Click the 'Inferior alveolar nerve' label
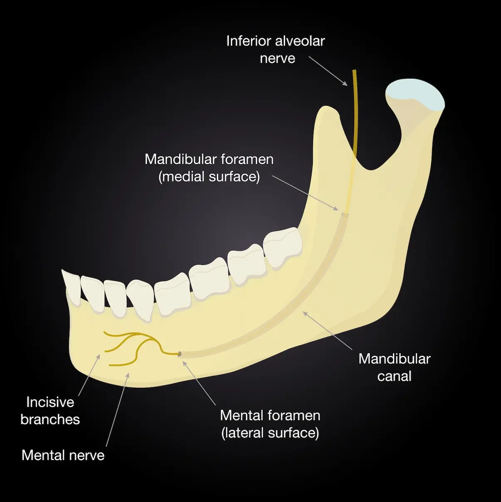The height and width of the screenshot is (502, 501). (275, 49)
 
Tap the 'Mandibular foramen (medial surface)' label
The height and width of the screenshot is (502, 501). (209, 168)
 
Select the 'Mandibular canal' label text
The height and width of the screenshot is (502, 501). (394, 367)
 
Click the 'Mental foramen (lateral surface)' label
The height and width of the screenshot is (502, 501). (270, 424)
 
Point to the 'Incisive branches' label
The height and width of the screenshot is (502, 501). (50, 411)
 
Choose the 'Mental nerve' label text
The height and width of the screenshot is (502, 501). (63, 455)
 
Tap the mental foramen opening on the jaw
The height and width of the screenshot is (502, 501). (179, 354)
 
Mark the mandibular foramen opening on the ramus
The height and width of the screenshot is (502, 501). (344, 215)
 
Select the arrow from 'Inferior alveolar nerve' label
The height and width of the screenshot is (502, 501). (328, 71)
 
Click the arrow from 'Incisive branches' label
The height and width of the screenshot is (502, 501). (89, 374)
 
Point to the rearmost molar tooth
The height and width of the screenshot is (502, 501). (283, 247)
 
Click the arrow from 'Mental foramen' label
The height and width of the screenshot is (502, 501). (199, 383)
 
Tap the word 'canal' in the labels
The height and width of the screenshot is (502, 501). (394, 376)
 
